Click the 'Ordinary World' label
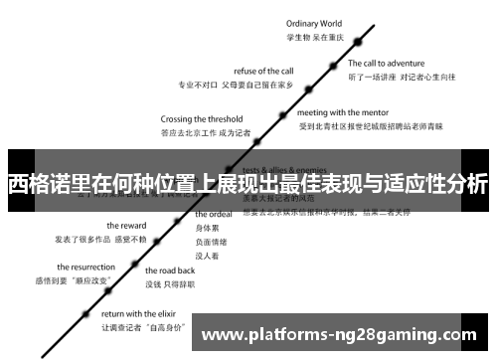(313, 23)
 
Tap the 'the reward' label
(127, 225)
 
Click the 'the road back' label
(170, 270)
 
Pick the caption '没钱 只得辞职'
(171, 283)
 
